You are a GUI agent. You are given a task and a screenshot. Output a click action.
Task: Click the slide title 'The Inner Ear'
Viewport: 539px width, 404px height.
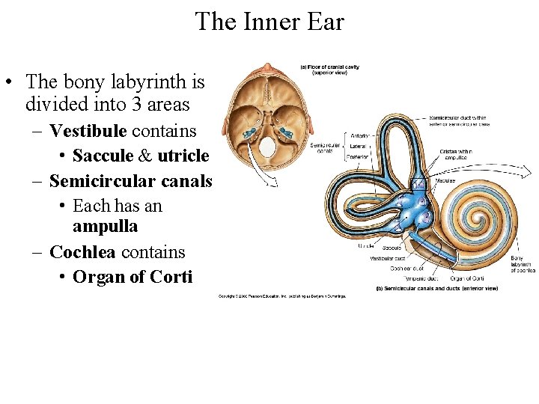269,21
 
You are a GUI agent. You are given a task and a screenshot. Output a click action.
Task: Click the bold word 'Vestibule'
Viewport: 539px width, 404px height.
88,132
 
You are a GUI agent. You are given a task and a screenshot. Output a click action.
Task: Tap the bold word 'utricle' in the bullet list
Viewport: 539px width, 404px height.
183,156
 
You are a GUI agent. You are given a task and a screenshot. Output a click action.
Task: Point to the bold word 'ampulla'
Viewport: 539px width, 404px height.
106,225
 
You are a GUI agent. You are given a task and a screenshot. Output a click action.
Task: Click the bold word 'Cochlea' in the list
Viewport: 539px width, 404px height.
82,252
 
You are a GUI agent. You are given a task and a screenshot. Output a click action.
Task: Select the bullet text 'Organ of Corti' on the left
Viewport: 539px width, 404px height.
133,277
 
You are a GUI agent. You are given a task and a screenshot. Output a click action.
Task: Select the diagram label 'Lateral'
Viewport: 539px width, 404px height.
357,147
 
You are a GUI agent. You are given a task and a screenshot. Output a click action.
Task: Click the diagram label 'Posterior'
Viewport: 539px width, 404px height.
359,157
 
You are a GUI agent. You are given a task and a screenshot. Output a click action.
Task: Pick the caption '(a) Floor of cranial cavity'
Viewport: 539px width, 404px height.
330,67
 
